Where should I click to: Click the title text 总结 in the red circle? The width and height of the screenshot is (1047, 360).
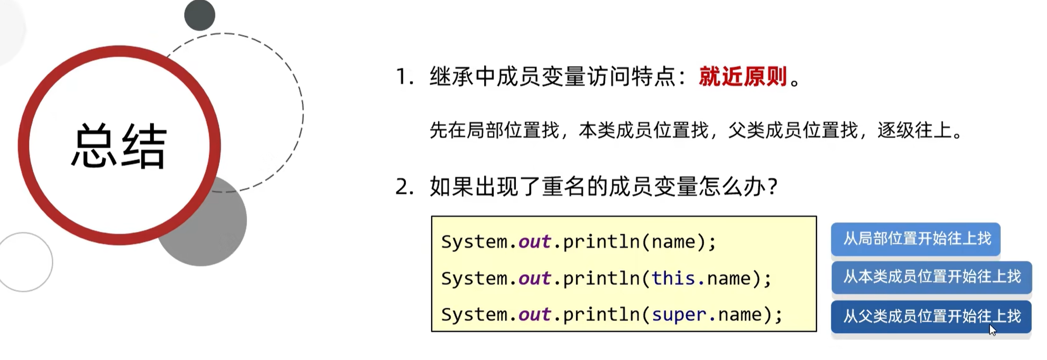[119, 146]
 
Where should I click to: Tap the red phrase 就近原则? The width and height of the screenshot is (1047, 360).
[742, 76]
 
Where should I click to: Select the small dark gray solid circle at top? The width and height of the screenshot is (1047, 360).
[200, 15]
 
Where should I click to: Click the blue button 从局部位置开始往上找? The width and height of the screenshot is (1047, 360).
[915, 239]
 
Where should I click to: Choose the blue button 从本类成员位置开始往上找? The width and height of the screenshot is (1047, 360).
[931, 277]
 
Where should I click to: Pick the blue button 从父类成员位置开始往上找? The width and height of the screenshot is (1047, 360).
[931, 317]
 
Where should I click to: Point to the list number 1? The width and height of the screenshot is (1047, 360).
[404, 77]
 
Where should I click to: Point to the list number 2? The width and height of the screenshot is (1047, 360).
[404, 187]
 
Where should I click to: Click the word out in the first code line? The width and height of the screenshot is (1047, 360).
[534, 242]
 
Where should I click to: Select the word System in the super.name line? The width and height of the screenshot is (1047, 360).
[474, 315]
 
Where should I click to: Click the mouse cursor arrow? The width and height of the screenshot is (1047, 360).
[992, 330]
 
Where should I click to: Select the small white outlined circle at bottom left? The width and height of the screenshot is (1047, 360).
[24, 262]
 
